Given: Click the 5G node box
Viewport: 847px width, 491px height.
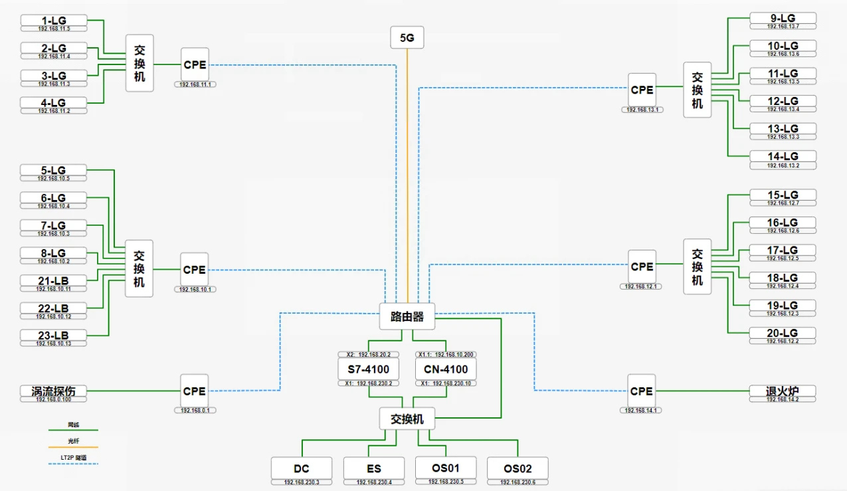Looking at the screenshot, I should (x=407, y=38).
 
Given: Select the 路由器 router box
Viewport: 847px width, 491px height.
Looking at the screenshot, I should (x=407, y=316).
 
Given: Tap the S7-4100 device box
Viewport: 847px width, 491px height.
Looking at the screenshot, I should (x=368, y=369).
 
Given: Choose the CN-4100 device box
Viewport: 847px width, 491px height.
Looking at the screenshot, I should (x=446, y=369).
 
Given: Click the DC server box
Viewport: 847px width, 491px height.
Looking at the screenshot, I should (x=301, y=468).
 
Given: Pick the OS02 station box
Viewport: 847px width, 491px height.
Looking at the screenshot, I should (x=518, y=468).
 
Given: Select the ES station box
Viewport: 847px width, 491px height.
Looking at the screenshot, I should (x=373, y=468).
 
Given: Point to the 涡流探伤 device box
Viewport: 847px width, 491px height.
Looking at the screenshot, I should (x=53, y=391).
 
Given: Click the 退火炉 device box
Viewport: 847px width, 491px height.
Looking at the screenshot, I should (x=782, y=391).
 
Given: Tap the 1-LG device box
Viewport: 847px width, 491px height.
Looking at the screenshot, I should (x=53, y=21).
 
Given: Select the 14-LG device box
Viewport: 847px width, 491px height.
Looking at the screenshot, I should (x=783, y=157).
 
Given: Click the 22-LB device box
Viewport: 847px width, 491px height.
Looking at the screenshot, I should (x=53, y=308).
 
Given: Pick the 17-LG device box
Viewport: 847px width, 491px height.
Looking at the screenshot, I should (x=783, y=250).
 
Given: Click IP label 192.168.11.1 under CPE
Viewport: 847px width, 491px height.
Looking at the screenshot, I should (x=195, y=84).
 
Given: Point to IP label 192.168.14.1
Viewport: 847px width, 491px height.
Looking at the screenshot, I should (x=642, y=411).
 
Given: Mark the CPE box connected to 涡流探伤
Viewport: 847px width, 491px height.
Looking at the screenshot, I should (x=195, y=391).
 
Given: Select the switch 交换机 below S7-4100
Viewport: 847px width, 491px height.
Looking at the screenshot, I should (x=407, y=419).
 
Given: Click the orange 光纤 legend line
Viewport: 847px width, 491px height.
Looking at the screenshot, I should (x=73, y=447).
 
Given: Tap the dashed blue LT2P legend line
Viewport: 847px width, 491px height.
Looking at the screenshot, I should (x=73, y=464).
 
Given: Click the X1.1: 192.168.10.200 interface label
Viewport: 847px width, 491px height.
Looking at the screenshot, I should (x=446, y=355).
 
